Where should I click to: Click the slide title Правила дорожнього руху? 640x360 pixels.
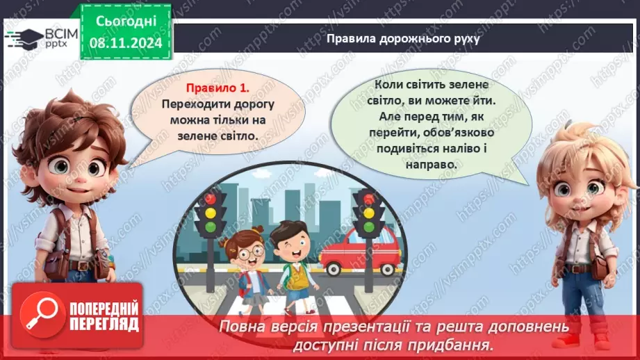pos(404,38)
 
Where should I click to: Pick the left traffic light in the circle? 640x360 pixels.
pos(210,215)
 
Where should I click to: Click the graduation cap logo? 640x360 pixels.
pos(23,37)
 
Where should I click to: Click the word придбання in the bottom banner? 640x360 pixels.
pos(455,343)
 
